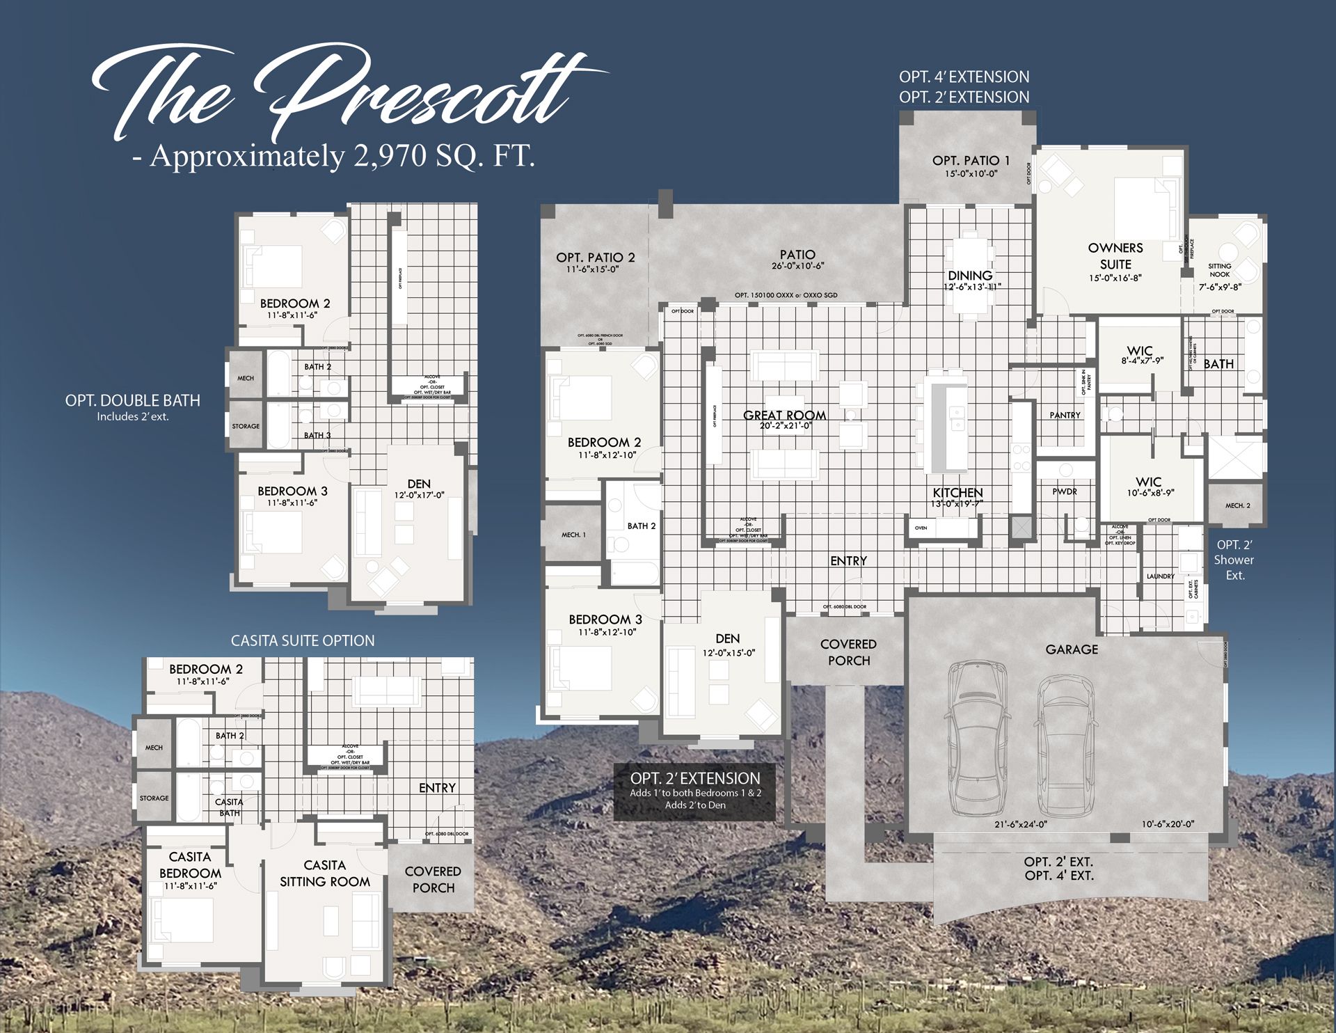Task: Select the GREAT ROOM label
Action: pos(784,416)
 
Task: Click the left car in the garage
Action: pos(977,738)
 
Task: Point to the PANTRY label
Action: pos(1065,415)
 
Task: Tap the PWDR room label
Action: pos(1064,491)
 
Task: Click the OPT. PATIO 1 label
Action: pos(971,161)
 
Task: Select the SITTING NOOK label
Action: pos(1219,270)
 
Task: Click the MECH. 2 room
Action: pos(1237,505)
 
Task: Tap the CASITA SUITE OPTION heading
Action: pos(303,640)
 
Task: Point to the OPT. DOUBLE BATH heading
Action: pos(132,401)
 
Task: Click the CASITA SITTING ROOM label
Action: pos(324,874)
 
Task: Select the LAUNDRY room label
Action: pos(1160,576)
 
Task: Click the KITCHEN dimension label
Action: pos(957,504)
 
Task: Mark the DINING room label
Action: pos(969,276)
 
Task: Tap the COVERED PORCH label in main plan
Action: pos(848,652)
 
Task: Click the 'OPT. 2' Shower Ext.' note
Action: pos(1234,560)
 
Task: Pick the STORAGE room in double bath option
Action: pos(246,426)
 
